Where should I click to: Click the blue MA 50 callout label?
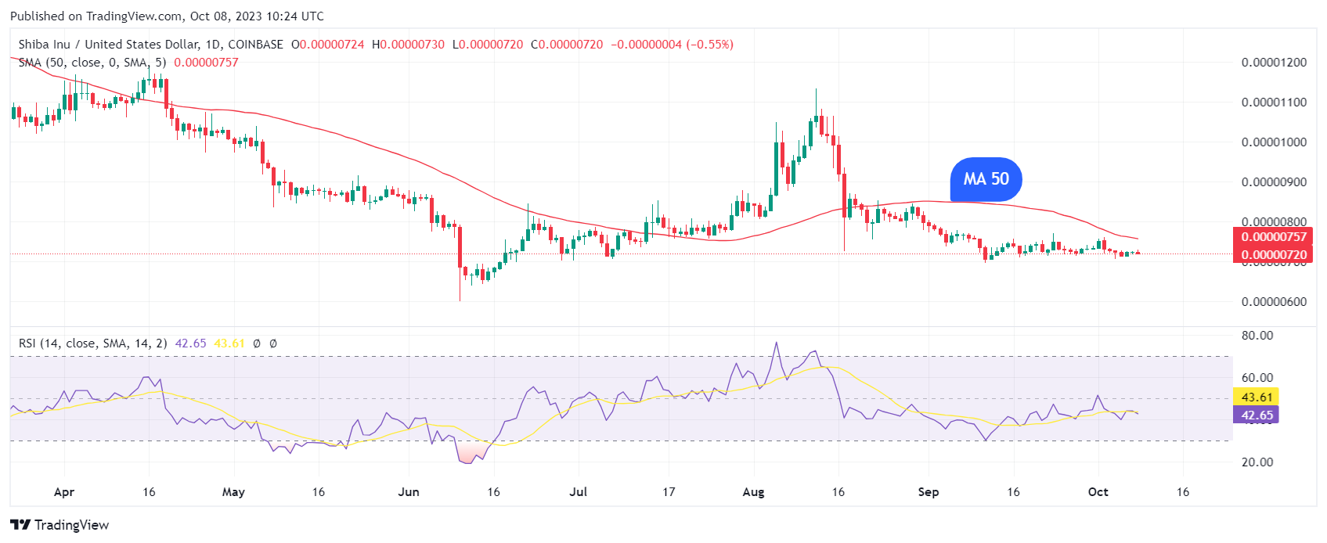coord(986,179)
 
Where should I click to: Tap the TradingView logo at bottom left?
coord(59,525)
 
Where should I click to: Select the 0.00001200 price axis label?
coord(1274,63)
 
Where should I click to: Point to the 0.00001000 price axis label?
coord(1274,142)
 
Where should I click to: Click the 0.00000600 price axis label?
coord(1274,302)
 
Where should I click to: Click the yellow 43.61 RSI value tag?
coord(1257,397)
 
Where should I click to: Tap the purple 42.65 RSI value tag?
coord(1257,415)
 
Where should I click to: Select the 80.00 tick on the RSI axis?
coord(1257,336)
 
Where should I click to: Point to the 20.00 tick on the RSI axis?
coord(1257,462)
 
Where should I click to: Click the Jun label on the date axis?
coord(409,492)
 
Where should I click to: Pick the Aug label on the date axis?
coord(753,492)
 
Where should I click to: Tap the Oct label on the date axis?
coord(1098,492)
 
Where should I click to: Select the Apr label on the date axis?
coord(64,492)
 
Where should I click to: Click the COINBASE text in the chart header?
coord(255,45)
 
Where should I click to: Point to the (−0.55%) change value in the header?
coord(710,45)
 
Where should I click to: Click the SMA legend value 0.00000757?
coord(206,63)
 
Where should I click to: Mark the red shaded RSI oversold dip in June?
coord(469,453)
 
